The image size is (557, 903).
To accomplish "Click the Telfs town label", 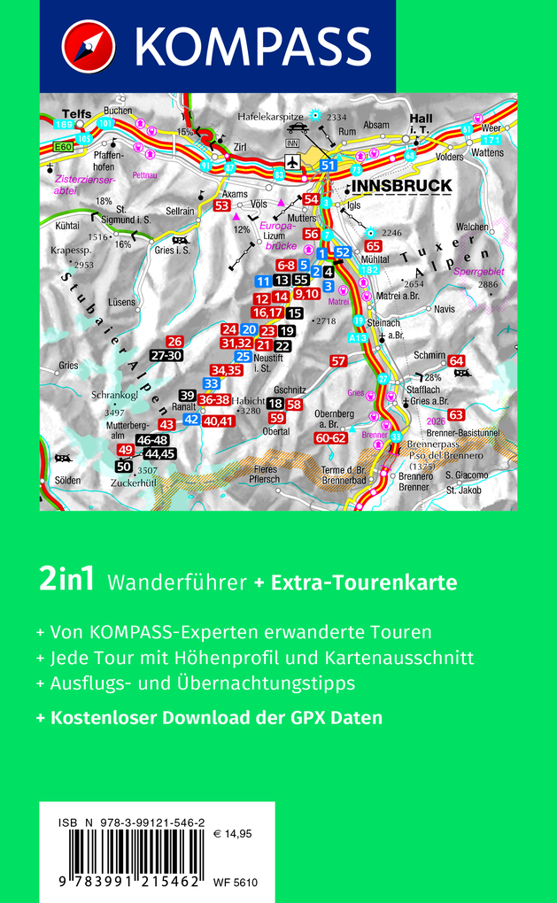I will (x=76, y=114).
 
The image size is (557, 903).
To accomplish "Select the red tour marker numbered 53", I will (x=222, y=205).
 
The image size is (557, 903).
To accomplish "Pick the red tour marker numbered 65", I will (x=373, y=246).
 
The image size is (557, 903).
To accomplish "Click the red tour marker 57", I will (x=337, y=361).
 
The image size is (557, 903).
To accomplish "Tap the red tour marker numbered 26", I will (x=174, y=342).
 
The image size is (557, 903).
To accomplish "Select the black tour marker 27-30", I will (x=166, y=355).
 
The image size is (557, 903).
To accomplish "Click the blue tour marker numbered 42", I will (x=190, y=420).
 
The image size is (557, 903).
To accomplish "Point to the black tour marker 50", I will (x=124, y=467).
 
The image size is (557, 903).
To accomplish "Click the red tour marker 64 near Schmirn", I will (x=456, y=360).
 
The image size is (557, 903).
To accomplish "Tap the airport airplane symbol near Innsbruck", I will (x=291, y=162).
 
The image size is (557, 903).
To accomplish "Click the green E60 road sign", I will (x=62, y=148).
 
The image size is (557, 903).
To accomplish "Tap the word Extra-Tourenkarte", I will (x=363, y=583).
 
